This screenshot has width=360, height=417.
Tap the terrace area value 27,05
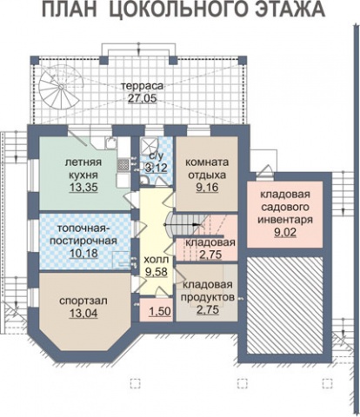143,98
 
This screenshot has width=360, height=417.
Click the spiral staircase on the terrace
60,86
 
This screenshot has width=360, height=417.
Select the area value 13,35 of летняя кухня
83,188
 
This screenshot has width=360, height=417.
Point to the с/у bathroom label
156,156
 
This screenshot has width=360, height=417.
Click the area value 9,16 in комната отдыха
207,188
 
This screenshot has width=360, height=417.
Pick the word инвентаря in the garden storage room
285,220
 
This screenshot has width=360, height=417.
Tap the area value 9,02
285,233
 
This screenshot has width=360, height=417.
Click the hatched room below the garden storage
284,305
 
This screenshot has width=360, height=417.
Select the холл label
156,259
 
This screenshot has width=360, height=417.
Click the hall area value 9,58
157,272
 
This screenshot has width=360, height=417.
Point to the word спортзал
83,301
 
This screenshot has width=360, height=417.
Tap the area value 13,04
83,314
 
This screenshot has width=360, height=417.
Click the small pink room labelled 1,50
157,310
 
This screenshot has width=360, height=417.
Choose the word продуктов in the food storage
208,297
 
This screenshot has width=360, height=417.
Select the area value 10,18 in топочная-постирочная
83,254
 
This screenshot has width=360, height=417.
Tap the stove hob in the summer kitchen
123,164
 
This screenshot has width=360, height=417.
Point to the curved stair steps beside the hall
171,224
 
